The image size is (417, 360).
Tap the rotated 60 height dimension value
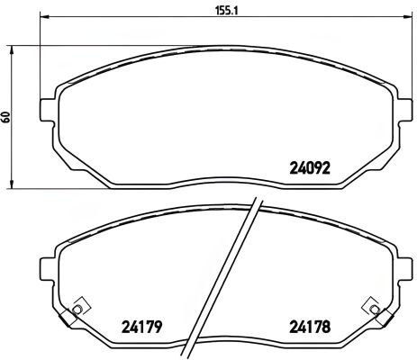[8, 118]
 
